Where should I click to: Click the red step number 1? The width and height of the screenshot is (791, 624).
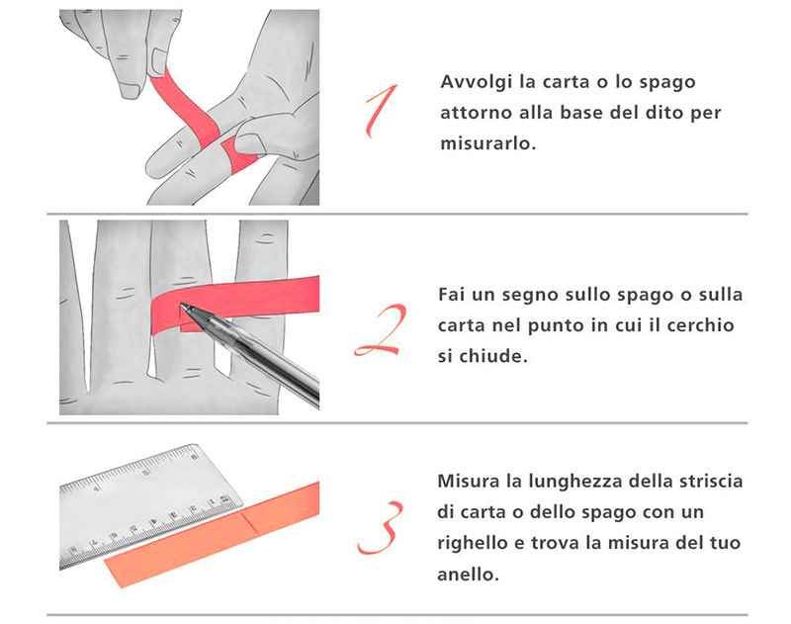click(x=382, y=110)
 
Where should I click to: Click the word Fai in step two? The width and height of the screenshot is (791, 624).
click(x=454, y=295)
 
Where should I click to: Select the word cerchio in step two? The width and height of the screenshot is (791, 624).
click(x=701, y=325)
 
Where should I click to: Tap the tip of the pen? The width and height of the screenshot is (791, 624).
click(x=185, y=313)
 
